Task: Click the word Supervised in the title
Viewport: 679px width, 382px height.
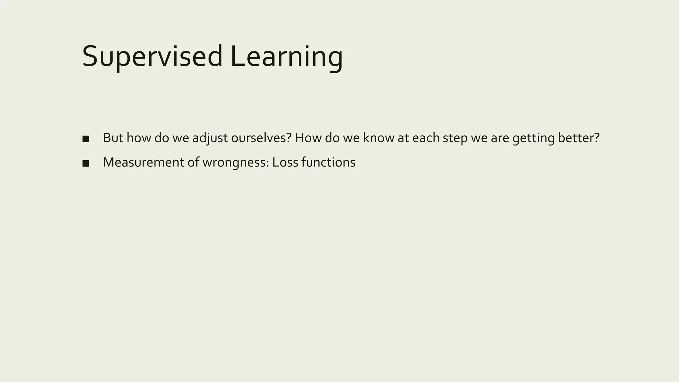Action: pyautogui.click(x=152, y=56)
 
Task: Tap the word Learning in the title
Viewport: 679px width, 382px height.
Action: pyautogui.click(x=286, y=56)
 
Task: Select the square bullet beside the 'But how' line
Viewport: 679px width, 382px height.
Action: pyautogui.click(x=86, y=139)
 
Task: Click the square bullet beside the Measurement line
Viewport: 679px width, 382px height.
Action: pyautogui.click(x=86, y=163)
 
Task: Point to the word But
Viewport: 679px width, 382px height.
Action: pyautogui.click(x=113, y=138)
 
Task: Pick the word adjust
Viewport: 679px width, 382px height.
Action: pyautogui.click(x=210, y=138)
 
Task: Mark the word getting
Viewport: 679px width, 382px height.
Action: pyautogui.click(x=533, y=138)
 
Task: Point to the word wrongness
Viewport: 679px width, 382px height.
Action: pyautogui.click(x=235, y=162)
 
